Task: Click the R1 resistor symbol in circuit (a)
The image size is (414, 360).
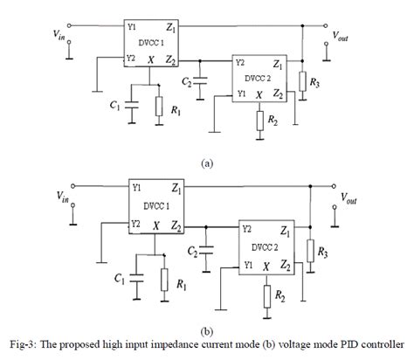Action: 159,107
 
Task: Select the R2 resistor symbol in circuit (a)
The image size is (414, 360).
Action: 259,119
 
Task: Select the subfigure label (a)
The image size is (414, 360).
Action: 207,163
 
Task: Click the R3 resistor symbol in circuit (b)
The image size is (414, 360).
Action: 310,251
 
